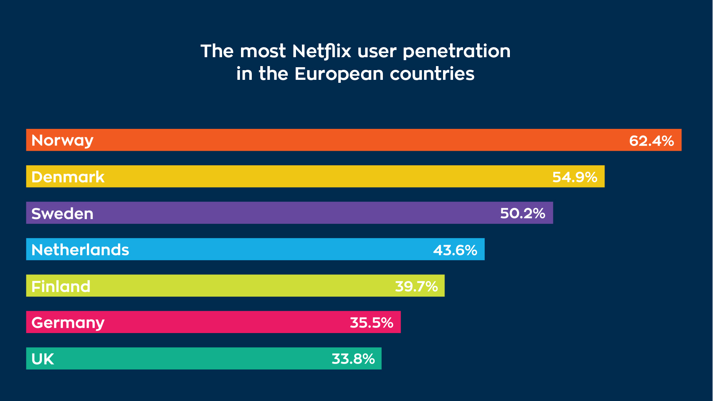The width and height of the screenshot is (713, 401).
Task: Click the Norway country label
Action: pos(62,140)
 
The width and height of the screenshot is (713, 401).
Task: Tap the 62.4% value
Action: pos(651,141)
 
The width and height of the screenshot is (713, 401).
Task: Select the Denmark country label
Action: pos(68,177)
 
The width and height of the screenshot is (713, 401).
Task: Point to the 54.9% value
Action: pos(574,177)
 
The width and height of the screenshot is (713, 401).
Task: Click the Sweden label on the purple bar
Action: pos(62,213)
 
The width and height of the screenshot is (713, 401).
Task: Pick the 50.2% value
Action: pos(522,213)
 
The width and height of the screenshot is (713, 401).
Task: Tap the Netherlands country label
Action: pos(80,250)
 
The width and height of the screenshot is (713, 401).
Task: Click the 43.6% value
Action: pos(455,250)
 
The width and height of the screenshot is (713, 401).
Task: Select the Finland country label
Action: pos(61,286)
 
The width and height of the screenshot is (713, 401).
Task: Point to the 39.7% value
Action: pos(416,287)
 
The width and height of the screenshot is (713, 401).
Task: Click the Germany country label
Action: pos(68,323)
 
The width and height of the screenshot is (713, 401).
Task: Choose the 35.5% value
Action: pos(371,323)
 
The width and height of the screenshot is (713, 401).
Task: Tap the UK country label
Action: pos(43,359)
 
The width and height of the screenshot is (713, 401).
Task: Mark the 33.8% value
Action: pos(353,359)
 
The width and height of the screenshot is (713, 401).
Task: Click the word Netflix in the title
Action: pos(322,51)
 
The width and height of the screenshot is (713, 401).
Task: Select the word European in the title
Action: pos(339,74)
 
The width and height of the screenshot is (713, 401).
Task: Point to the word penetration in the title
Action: pos(456,51)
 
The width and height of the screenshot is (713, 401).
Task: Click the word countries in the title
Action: pos(432,74)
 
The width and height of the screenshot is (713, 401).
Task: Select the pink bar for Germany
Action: pos(223,322)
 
